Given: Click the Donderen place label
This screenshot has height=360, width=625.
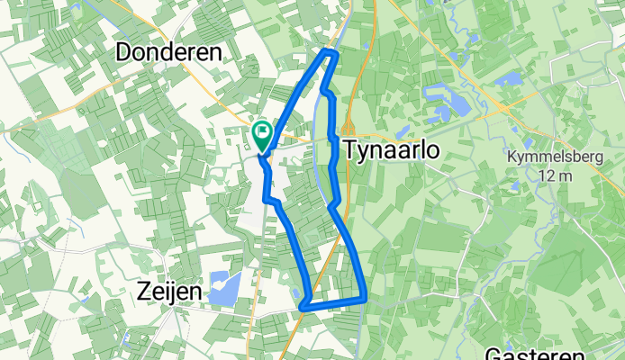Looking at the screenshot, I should (169, 53).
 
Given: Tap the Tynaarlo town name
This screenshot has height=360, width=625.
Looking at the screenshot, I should (391, 150).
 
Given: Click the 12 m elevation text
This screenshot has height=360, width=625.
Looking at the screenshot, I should (550, 175).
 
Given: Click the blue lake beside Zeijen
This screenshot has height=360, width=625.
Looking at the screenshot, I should (222, 287).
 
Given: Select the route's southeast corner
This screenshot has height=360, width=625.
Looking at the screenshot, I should (365, 296).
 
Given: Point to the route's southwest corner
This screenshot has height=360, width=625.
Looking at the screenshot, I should (303, 306).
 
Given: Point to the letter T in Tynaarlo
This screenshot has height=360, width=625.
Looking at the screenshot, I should (348, 150).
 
